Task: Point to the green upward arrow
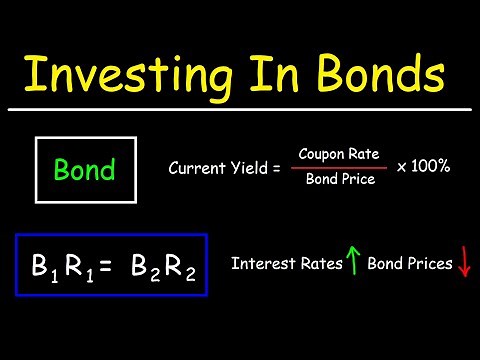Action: point(352,264)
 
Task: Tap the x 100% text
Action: point(422,165)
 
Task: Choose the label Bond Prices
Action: point(410,264)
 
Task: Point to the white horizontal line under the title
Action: point(240,108)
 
